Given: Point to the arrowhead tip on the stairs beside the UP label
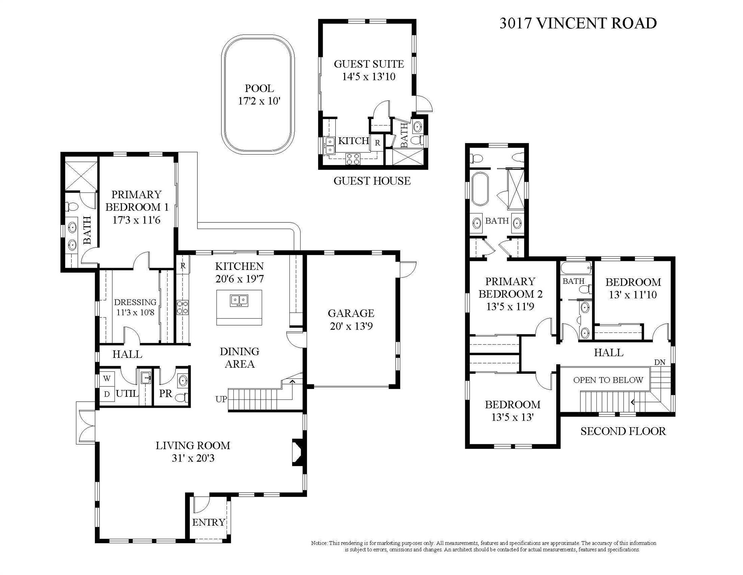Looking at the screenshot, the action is click(293, 380).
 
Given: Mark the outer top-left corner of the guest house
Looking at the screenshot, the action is click(319, 19).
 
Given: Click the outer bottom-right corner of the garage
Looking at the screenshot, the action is click(400, 389).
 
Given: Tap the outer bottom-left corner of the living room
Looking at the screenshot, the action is click(95, 543).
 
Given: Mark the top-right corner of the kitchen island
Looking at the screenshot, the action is click(262, 290).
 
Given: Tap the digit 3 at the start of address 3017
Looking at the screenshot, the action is click(503, 23).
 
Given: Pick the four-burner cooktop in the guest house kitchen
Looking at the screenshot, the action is click(353, 159).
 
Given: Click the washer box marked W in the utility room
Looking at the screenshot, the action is click(107, 378).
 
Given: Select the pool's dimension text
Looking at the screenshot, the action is click(259, 101).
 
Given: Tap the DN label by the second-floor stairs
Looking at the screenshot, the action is click(660, 362).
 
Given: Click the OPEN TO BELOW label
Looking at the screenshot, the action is click(608, 380).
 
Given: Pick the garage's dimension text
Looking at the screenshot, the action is click(351, 326).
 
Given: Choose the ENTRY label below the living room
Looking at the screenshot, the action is click(209, 522).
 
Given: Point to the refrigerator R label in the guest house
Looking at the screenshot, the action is click(377, 143).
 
